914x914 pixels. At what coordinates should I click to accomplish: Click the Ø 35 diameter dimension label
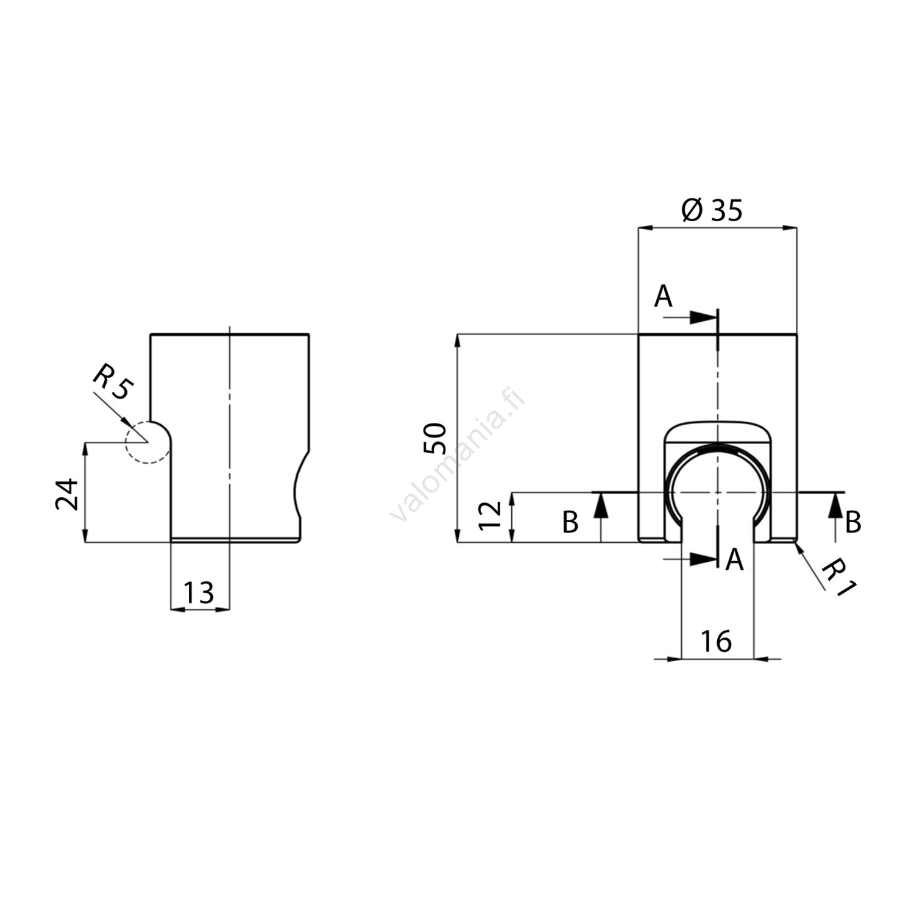[712, 210]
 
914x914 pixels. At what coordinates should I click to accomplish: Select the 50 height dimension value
[436, 438]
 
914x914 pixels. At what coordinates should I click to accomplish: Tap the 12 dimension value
[491, 515]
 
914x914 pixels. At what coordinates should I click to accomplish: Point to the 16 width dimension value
[716, 641]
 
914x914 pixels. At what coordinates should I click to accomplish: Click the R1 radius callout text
[839, 579]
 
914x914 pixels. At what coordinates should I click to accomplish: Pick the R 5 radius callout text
[112, 382]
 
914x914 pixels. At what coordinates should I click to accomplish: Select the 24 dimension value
[68, 494]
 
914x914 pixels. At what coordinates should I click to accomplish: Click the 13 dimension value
[199, 592]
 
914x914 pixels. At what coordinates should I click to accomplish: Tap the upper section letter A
[663, 297]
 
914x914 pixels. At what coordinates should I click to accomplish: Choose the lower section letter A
[734, 559]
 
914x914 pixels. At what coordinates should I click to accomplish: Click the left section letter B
[570, 523]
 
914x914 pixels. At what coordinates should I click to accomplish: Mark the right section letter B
[853, 522]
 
